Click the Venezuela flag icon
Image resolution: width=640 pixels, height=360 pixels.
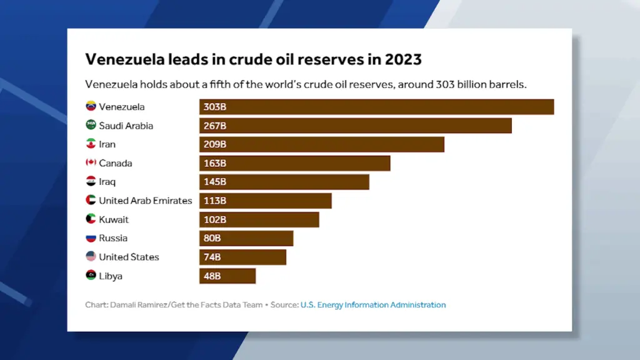coord(91,107)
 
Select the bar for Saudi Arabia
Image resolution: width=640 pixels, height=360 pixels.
coord(355,126)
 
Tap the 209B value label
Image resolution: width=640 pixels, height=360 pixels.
coord(214,144)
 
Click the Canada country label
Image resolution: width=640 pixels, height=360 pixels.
coord(116,163)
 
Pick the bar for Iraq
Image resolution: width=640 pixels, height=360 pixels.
coord(284,182)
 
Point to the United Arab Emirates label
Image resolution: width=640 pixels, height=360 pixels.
coord(146,201)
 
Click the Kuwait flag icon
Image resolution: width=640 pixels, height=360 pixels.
coord(91,219)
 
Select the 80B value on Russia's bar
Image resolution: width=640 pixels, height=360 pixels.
coord(212,238)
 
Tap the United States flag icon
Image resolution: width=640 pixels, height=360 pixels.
coord(91,257)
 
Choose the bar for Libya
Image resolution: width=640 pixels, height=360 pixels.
coord(227,276)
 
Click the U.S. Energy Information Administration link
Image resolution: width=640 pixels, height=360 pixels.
coord(373,305)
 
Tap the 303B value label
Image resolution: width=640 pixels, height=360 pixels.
coord(214,107)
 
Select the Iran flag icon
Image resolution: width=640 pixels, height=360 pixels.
coord(91,144)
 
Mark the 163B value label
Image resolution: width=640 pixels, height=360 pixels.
coord(214,163)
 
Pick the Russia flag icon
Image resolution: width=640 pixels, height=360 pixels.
coord(91,238)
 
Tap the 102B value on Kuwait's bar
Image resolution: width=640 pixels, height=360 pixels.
coord(214,219)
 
